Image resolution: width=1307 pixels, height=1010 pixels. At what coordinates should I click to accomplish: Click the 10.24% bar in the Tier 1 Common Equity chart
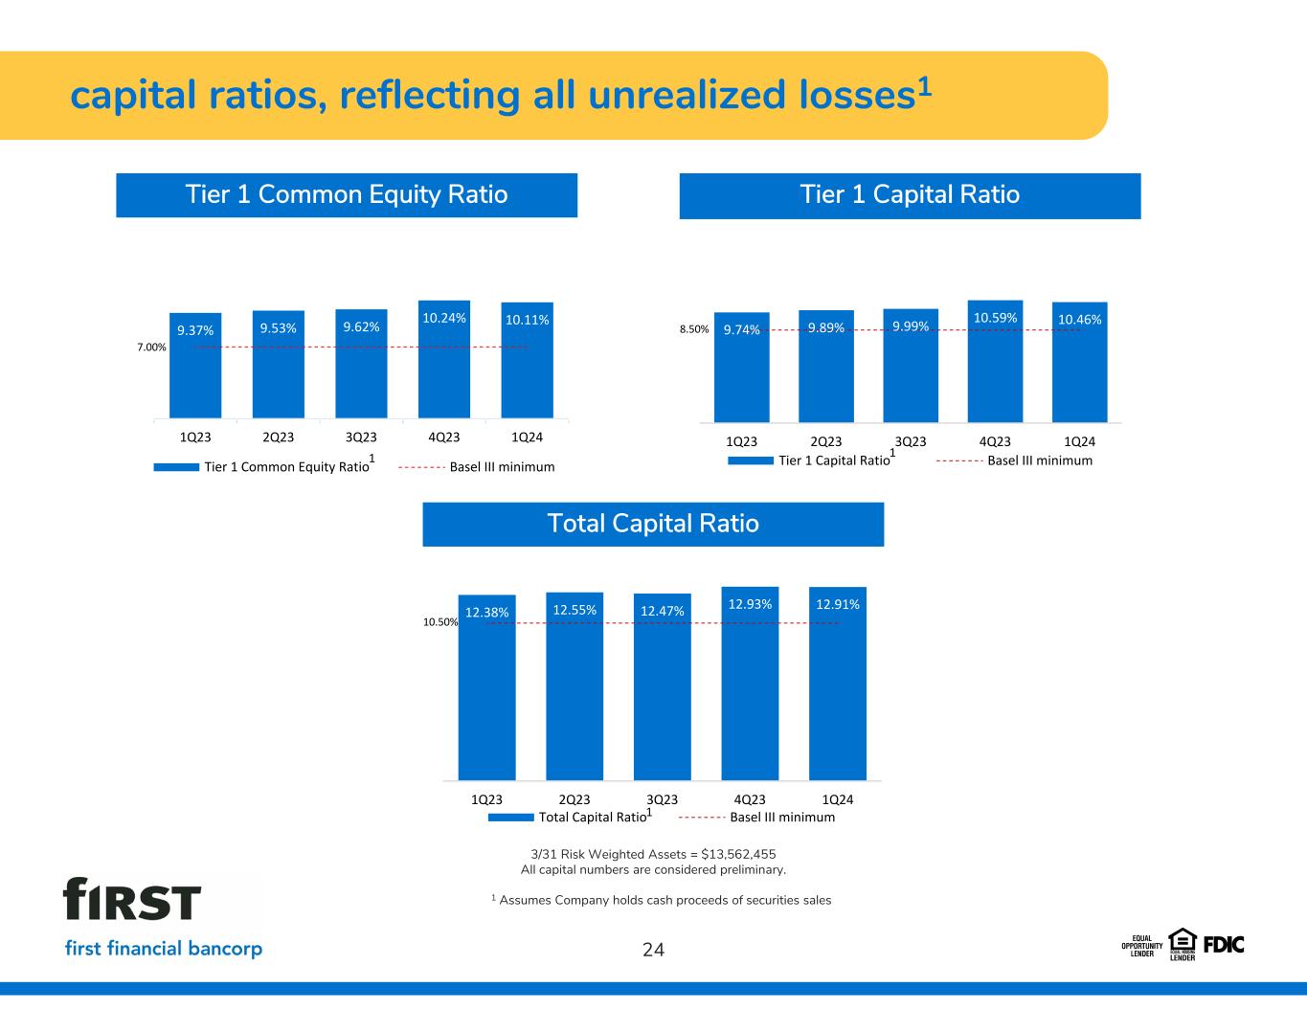point(444,359)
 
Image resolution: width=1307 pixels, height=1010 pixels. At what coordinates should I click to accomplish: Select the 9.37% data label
point(195,330)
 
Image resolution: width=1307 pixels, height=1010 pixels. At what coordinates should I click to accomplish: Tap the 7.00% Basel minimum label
point(151,347)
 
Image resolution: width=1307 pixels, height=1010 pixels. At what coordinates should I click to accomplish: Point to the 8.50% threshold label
point(694,329)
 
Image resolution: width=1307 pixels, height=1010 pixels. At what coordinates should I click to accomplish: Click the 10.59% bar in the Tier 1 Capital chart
point(995,361)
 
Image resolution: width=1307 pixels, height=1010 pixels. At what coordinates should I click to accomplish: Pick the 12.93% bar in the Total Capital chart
point(750,684)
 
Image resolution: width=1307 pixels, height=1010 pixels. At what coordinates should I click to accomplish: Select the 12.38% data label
point(486,612)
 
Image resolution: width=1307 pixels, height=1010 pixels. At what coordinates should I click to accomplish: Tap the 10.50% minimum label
point(440,621)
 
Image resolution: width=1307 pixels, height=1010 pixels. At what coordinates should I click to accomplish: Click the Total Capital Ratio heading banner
point(653,525)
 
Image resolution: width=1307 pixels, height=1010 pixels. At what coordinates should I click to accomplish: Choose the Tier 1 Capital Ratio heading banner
point(910,196)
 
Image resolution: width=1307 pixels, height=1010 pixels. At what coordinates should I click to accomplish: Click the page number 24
point(653,950)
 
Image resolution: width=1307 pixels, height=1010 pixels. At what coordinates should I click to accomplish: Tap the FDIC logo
point(1224,945)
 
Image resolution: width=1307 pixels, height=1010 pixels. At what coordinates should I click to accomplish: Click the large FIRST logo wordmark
point(132,899)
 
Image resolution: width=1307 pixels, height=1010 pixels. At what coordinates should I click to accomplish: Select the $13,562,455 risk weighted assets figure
point(738,854)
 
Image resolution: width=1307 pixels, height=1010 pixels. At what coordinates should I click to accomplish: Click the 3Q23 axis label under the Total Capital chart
point(662,799)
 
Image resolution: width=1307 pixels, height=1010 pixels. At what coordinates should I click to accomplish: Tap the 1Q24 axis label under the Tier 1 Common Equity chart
point(527,438)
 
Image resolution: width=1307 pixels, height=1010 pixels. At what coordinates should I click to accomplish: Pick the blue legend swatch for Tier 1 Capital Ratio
point(751,460)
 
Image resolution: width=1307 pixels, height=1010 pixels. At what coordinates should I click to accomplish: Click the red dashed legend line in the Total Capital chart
point(701,818)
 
